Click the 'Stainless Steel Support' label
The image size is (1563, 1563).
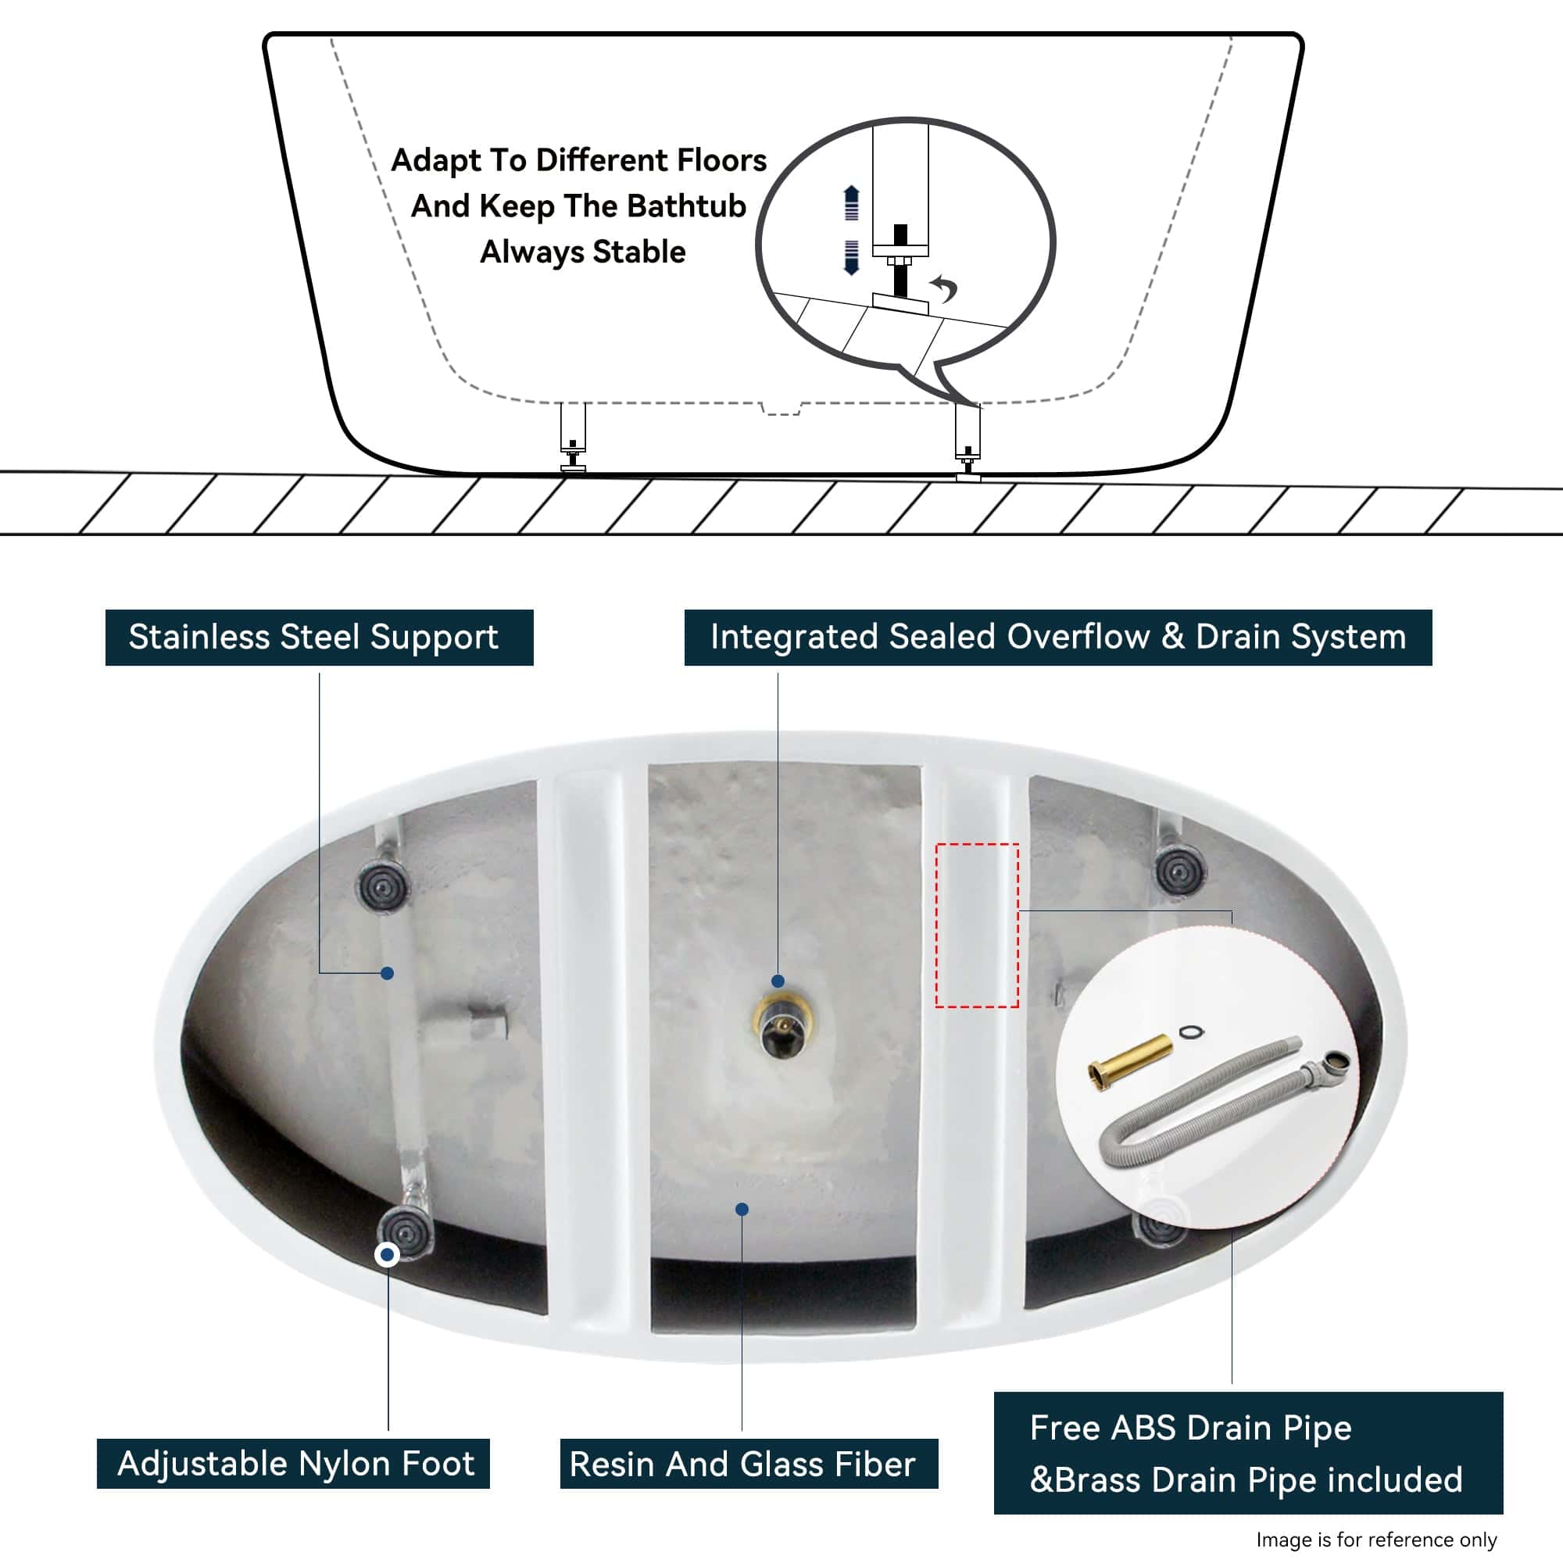(319, 638)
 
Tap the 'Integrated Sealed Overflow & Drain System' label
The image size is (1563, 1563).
(1057, 638)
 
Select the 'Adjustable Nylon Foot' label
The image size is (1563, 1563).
(294, 1464)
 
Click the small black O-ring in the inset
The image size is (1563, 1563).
(1191, 1032)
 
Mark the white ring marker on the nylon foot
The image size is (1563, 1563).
(387, 1255)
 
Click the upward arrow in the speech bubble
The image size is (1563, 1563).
(851, 202)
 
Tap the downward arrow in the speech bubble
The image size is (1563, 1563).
(851, 257)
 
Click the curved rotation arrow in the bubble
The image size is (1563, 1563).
(945, 287)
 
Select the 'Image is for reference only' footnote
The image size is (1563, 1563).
(1376, 1539)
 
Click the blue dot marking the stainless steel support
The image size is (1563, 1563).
(387, 973)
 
